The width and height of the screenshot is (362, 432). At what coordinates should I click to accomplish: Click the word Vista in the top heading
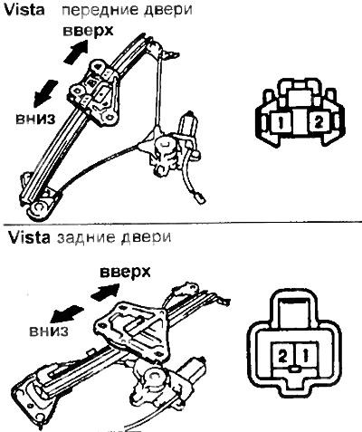pos(24,9)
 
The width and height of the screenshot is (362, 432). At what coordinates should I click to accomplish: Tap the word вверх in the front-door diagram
pos(88,31)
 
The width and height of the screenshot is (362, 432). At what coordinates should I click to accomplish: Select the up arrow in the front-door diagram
pos(76,52)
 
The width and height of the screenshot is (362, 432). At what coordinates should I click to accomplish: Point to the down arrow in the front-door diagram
pos(45,93)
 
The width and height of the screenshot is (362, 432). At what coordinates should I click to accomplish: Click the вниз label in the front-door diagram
pos(35,119)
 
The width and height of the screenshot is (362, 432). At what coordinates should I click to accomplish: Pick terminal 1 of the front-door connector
pos(281,122)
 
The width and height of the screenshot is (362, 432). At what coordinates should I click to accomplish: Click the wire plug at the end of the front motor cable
pos(200,198)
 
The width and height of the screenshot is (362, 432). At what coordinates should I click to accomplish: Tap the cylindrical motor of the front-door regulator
pos(188,123)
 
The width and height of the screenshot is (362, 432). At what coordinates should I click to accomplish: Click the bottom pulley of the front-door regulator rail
pos(39,208)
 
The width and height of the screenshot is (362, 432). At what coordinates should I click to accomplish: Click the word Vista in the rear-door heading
pos(29,238)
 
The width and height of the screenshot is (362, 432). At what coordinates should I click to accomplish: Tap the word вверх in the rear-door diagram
pos(125,272)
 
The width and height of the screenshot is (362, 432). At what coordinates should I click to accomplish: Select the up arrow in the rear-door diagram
pos(105,292)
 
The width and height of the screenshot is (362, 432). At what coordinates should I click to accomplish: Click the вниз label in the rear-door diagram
pos(49,331)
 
